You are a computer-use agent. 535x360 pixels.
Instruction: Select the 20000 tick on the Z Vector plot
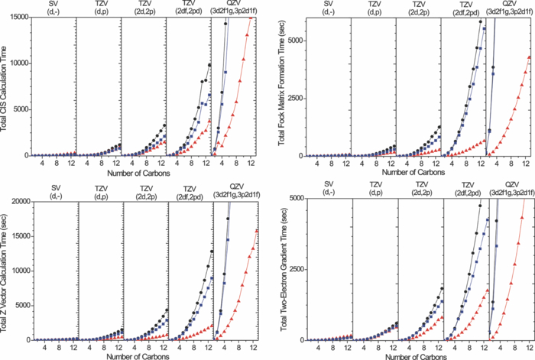[x=18, y=201]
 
